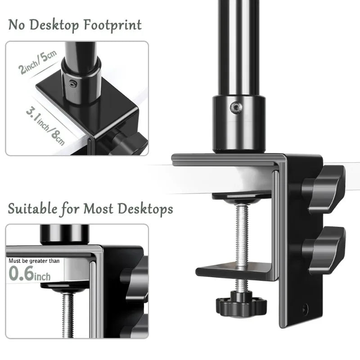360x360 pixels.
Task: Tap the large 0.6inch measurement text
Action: [x=30, y=274]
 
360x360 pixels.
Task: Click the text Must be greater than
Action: [x=33, y=261]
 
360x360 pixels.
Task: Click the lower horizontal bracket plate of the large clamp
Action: [x=234, y=273]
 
